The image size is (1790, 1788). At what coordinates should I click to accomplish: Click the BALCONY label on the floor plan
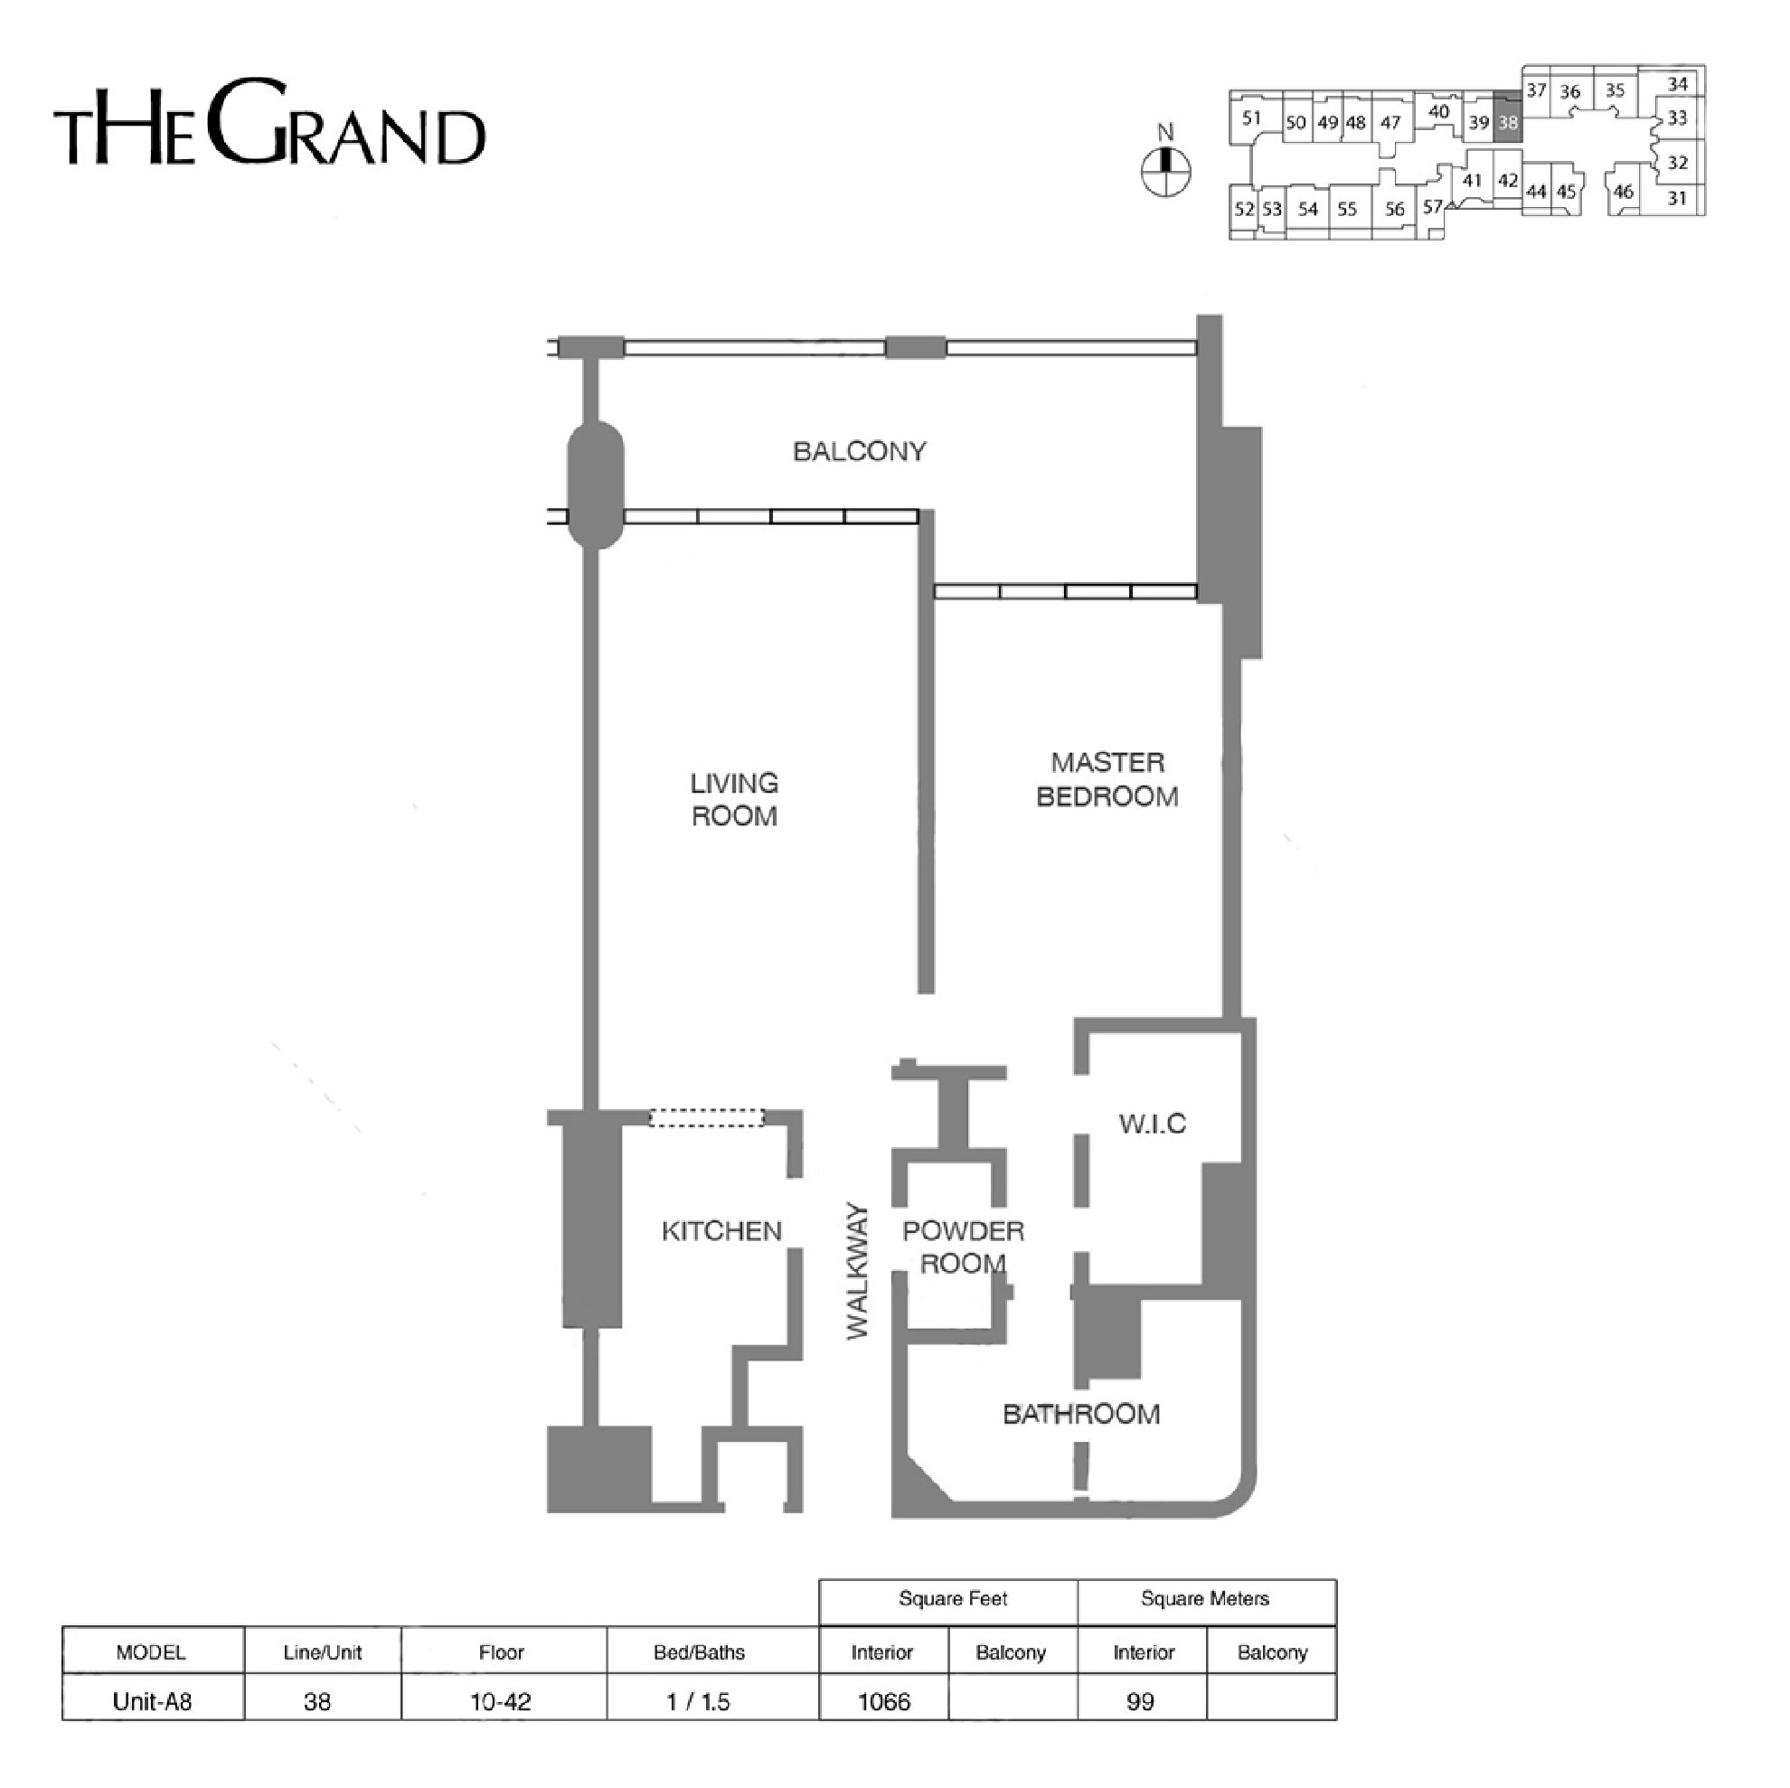coord(859,451)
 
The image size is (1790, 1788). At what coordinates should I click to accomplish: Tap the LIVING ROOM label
coord(734,799)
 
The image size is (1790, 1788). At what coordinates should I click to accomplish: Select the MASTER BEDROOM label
coord(1107,779)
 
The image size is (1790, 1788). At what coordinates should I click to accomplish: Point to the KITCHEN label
coord(721,1231)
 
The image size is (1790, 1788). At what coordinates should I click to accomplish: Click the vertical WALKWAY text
coord(858,1271)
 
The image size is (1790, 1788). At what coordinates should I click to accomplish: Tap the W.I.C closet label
coord(1152,1124)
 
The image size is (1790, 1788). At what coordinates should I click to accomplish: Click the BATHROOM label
coord(1081,1414)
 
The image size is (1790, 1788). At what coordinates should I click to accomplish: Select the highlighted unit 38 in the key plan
coord(1507,122)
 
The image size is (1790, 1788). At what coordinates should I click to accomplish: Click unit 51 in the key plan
coord(1252,118)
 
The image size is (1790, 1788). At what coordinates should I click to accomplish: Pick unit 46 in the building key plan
coord(1624,192)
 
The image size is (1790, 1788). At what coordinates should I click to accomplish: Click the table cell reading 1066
coord(884,1701)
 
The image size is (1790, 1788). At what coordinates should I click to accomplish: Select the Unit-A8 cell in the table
coord(152,1701)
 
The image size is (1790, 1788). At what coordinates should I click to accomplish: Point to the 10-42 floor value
coord(501,1701)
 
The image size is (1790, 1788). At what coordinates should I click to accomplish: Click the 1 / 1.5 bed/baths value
coord(699,1701)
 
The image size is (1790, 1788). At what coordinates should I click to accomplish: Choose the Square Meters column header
coord(1205,1598)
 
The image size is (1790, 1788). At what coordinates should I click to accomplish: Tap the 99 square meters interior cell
coord(1141,1701)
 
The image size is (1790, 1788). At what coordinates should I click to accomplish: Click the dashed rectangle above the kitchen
coord(707,1118)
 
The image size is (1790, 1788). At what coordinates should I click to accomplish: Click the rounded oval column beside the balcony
coord(595,485)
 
